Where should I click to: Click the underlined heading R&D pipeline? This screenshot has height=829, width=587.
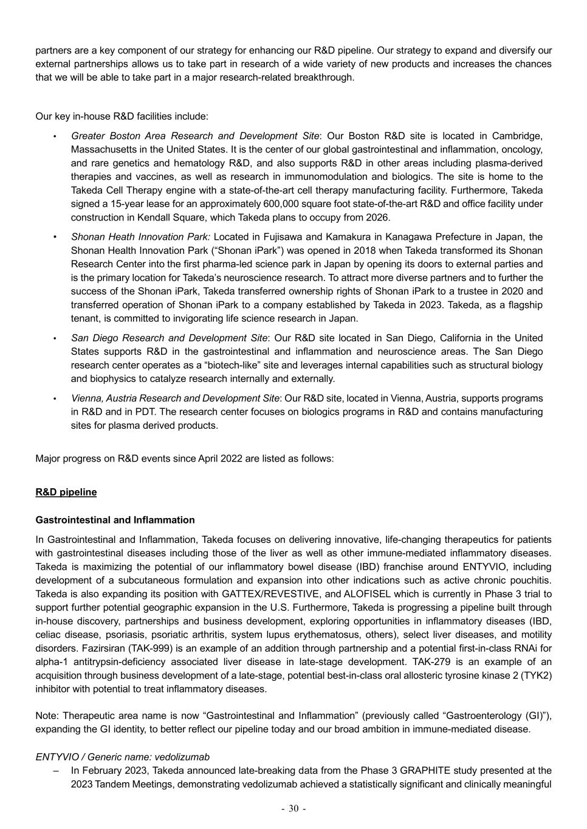click(66, 492)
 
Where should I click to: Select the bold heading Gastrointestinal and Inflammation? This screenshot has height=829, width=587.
click(115, 520)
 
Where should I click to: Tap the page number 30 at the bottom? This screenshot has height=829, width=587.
click(293, 808)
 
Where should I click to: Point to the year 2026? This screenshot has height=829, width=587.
click(377, 217)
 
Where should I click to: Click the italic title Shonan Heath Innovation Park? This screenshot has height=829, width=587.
click(140, 237)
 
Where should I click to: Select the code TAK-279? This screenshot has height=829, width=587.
click(434, 662)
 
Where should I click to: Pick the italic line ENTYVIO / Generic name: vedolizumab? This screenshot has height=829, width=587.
click(122, 757)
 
